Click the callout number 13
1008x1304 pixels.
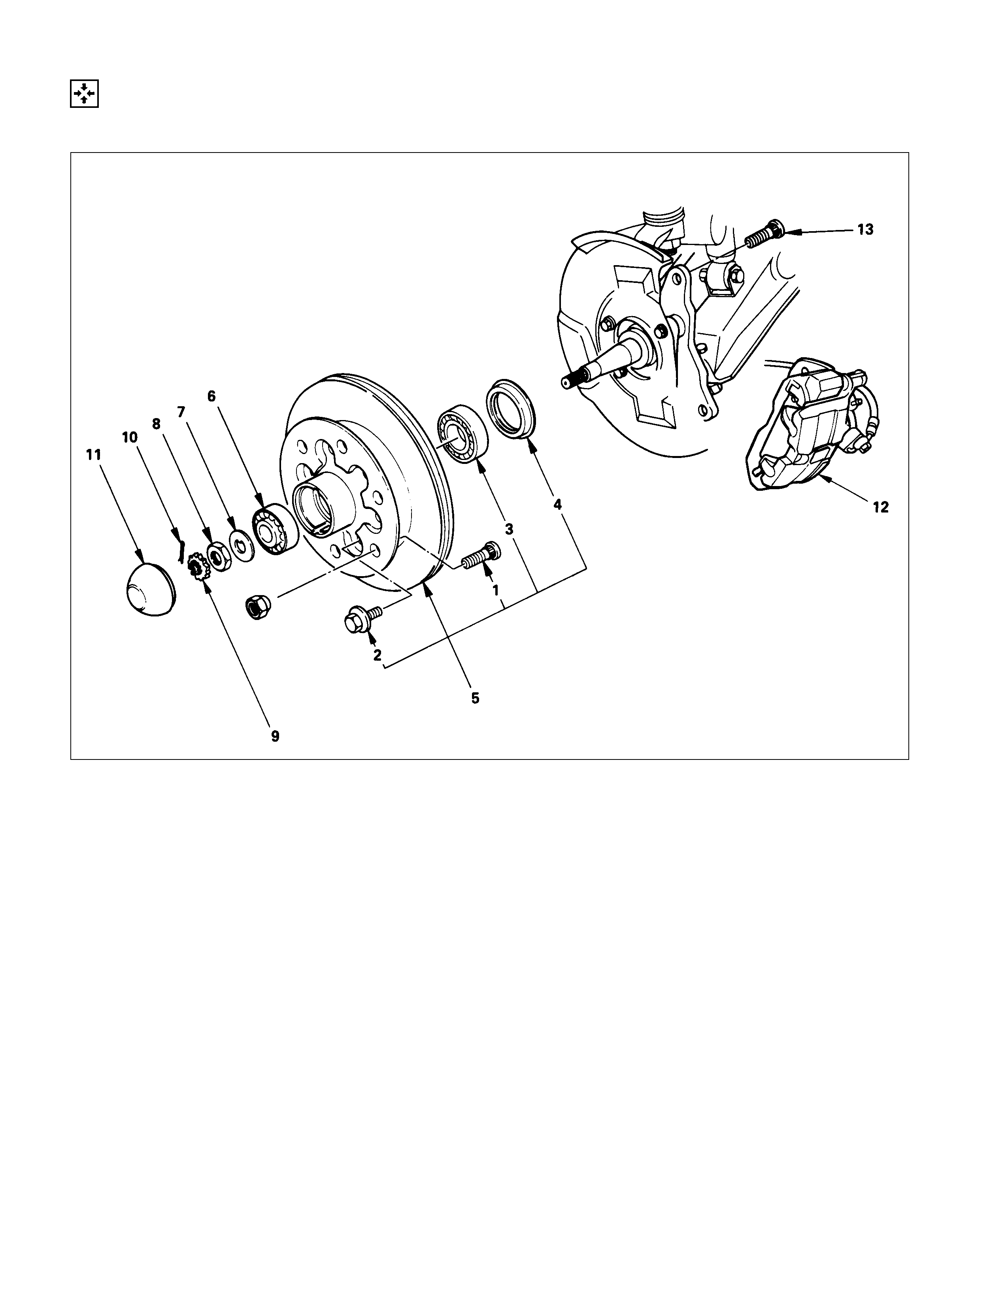[865, 229]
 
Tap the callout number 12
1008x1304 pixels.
[881, 507]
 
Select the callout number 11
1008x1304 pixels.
[93, 455]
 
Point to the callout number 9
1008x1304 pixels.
[275, 736]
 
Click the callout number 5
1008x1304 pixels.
[475, 698]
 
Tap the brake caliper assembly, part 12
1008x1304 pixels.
[809, 424]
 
